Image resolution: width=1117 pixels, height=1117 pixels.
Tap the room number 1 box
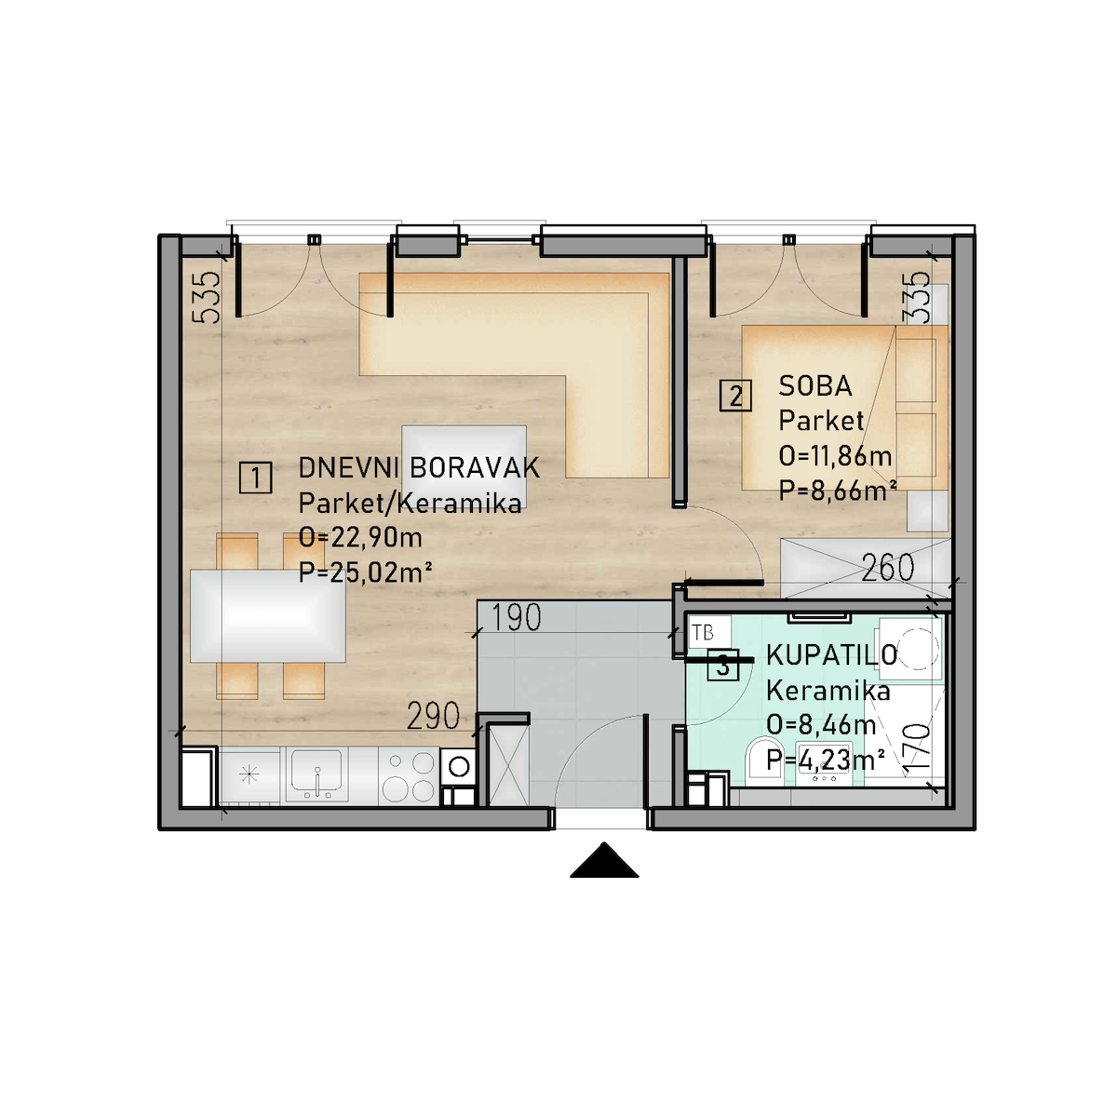[256, 478]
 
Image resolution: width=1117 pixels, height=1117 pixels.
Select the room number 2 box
[735, 396]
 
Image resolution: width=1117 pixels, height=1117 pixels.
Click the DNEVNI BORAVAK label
[419, 468]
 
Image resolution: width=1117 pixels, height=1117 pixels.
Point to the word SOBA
[815, 386]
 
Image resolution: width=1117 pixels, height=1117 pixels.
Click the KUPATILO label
[832, 655]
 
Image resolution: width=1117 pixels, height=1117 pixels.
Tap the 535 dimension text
[207, 297]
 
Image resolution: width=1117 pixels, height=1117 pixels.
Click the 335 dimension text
[917, 297]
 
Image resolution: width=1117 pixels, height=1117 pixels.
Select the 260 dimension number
[887, 568]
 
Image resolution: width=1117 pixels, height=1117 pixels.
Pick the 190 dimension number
[516, 617]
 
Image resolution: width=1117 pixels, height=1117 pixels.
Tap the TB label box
[707, 632]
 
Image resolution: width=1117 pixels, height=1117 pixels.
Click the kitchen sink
[316, 774]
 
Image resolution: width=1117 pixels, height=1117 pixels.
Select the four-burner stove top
[408, 775]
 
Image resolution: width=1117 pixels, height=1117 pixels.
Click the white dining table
[268, 615]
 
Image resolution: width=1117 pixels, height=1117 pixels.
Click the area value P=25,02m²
[365, 572]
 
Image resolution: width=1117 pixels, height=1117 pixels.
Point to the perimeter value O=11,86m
[835, 456]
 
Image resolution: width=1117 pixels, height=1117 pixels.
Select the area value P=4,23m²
[826, 760]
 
